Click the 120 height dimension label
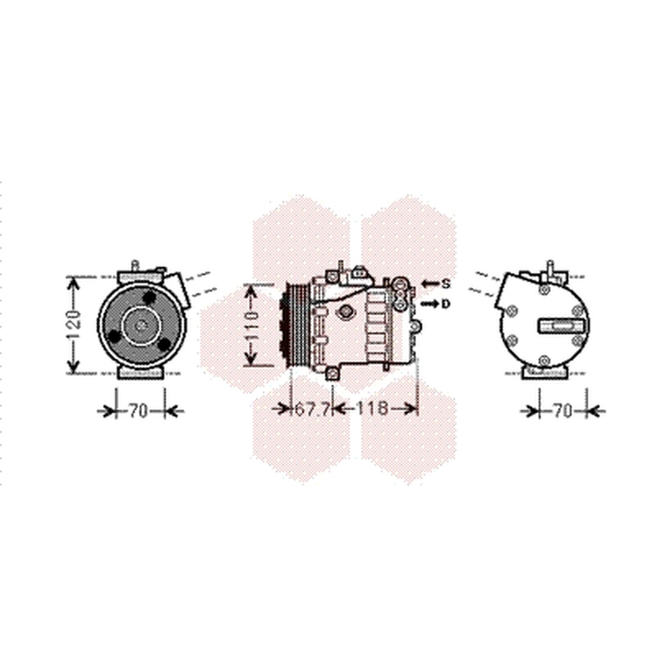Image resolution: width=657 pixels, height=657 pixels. (74, 325)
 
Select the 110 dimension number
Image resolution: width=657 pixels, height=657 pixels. (252, 325)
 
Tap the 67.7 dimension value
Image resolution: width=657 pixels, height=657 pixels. (312, 408)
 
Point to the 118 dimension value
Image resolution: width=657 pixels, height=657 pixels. (373, 407)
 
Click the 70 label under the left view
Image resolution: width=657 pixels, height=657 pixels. (138, 411)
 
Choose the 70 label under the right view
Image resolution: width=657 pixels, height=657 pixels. (563, 411)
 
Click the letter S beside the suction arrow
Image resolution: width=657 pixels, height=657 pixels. (446, 283)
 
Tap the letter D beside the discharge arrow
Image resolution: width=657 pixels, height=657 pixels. (445, 303)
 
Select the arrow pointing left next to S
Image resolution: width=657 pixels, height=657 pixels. (430, 283)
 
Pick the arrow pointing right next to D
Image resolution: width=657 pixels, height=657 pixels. (430, 303)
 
